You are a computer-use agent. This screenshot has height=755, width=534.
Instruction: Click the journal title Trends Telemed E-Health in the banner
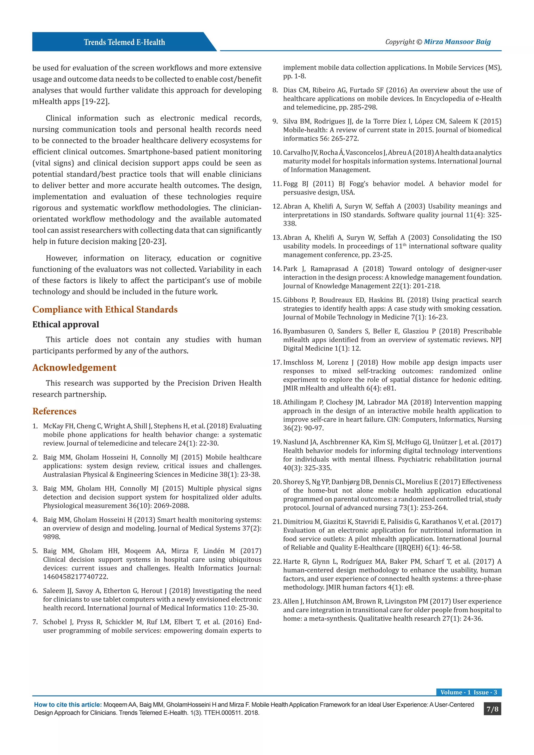124,42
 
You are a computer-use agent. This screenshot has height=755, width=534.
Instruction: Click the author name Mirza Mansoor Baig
457,42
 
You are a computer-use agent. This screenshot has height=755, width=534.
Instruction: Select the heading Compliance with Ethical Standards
105,309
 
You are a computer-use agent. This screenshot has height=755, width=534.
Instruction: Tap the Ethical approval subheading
65,325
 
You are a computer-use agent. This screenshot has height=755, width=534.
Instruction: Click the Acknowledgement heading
74,368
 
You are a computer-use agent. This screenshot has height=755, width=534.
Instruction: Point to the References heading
54,411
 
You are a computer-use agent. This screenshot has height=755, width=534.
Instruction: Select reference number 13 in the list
277,238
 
